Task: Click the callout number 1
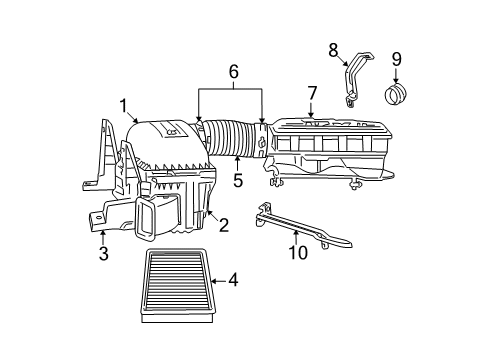[x=123, y=104]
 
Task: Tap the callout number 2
[x=223, y=225]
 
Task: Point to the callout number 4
[x=232, y=281]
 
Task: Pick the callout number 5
[x=238, y=181]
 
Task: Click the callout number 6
[x=233, y=72]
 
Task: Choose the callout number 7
[x=312, y=93]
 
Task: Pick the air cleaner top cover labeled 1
[x=165, y=141]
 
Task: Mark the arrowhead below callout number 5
[x=237, y=160]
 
